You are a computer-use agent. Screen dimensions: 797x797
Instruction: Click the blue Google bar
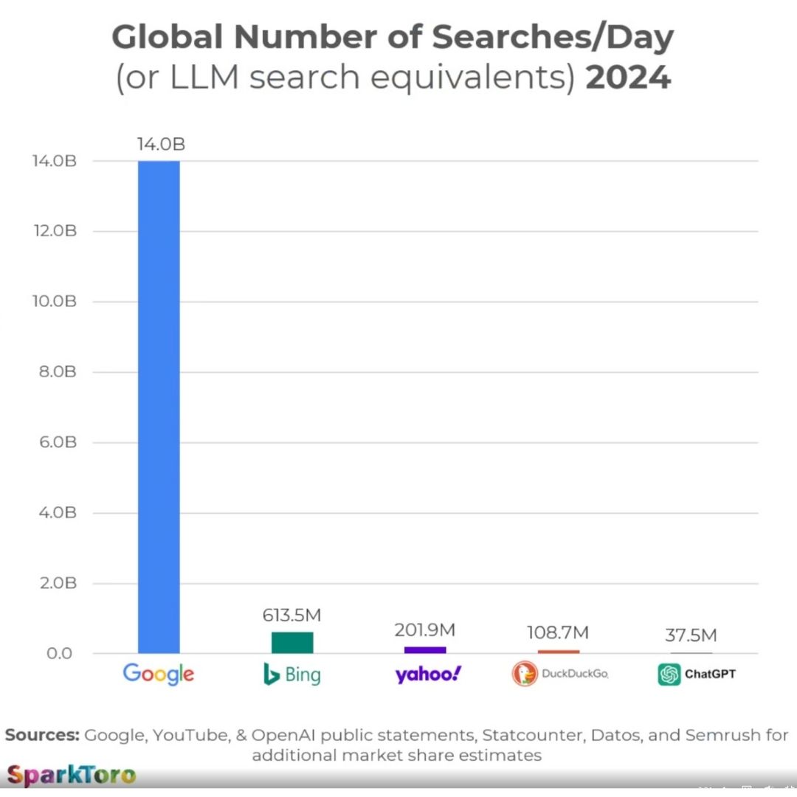point(159,406)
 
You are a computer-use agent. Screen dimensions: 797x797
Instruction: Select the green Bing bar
point(292,643)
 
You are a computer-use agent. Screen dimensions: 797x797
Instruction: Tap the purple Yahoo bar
point(425,650)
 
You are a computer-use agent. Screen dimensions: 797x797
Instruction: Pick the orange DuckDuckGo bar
point(559,652)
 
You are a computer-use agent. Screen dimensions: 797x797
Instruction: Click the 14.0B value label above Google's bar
point(160,145)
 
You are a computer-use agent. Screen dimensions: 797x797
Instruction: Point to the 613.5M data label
point(292,615)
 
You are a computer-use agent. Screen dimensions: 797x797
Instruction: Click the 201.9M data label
point(425,630)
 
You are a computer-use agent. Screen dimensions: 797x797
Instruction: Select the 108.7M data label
point(558,633)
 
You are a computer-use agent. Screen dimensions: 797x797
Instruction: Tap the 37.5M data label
point(691,635)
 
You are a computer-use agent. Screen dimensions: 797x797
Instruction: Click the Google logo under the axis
point(159,674)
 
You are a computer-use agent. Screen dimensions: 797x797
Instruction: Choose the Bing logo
point(292,674)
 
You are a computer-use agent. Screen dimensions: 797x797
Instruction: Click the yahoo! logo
point(428,674)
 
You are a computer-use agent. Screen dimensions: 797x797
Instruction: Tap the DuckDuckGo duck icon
point(525,674)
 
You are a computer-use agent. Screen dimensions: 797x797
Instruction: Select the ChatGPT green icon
point(669,674)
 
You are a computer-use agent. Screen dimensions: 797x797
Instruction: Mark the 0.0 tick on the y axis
point(61,654)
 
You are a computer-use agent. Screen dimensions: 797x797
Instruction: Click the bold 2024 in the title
point(628,77)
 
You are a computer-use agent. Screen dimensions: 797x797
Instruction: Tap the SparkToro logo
point(72,775)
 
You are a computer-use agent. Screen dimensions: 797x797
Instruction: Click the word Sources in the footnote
point(42,736)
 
